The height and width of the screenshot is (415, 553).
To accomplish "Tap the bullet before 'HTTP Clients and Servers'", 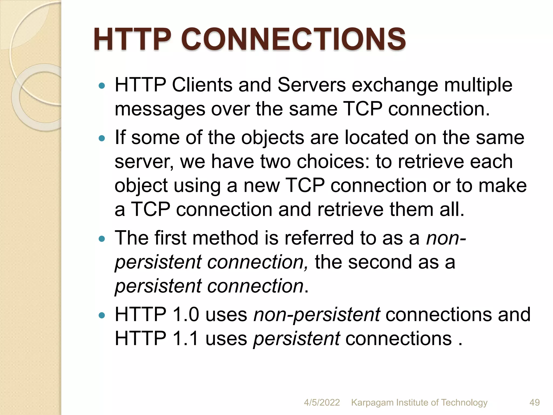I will click(x=102, y=86).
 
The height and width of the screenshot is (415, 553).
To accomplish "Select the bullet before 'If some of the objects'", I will click(x=102, y=139).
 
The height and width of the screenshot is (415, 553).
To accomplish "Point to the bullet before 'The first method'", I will click(x=102, y=239).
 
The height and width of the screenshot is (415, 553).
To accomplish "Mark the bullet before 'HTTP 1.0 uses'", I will click(x=102, y=315).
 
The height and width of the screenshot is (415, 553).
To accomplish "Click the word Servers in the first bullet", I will click(x=311, y=85).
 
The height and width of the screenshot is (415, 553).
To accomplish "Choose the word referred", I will click(x=319, y=238).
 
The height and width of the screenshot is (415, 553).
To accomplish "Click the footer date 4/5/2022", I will click(x=322, y=403).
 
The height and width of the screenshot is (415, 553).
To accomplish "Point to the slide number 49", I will click(x=534, y=403).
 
